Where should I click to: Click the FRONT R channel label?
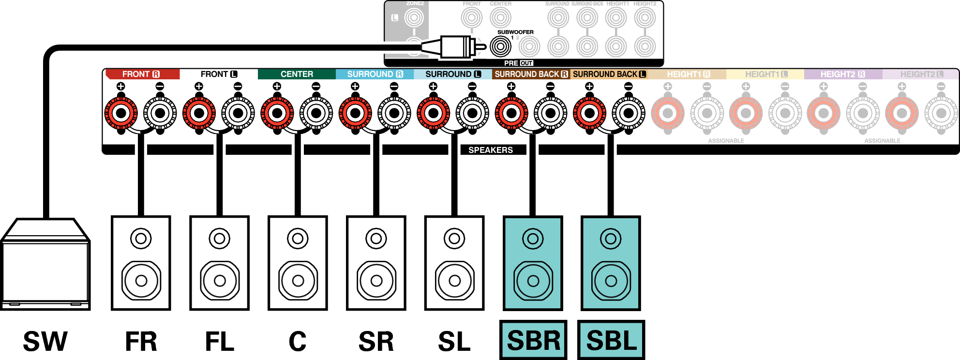tap(141, 74)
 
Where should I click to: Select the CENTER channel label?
tap(297, 74)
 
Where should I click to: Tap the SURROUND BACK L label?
tap(609, 74)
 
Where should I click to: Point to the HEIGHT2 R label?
tap(842, 74)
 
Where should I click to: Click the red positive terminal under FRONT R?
tap(121, 114)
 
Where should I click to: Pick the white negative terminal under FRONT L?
tap(238, 114)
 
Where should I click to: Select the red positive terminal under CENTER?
tap(277, 114)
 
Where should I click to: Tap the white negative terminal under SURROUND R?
tap(394, 114)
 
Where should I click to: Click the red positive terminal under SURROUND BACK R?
tap(511, 114)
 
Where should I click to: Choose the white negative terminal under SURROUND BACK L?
tap(629, 114)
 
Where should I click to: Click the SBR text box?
tap(533, 340)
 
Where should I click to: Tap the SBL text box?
tap(611, 340)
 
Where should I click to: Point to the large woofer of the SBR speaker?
tap(533, 281)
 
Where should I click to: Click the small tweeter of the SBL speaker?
tap(611, 239)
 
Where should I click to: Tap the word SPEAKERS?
tap(490, 150)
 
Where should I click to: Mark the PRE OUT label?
tap(518, 63)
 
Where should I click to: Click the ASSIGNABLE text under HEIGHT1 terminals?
tap(726, 141)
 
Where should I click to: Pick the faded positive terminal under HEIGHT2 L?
tap(902, 114)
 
